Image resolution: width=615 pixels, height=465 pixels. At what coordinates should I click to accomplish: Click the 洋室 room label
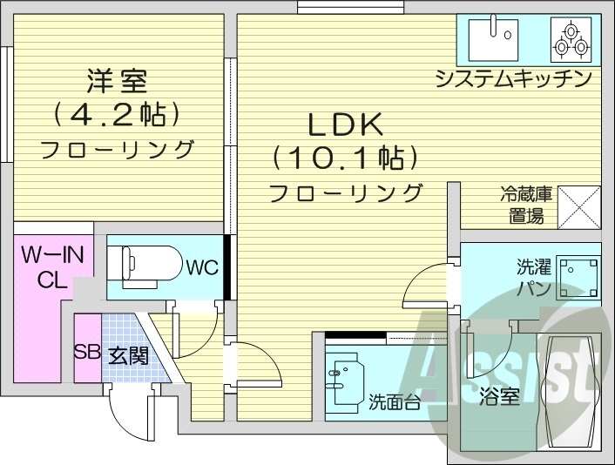pos(117,82)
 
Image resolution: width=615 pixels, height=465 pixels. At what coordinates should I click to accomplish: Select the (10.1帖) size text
pos(343,158)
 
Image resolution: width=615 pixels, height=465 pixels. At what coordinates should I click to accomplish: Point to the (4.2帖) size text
pos(117,114)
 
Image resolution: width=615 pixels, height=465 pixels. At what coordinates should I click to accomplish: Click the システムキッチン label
pos(514,79)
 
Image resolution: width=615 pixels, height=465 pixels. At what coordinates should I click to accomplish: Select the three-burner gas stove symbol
pos(570,38)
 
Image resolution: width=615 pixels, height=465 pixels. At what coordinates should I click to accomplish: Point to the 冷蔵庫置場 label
pos(522,206)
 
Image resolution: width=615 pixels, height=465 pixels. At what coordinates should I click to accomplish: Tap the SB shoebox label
pos(85,354)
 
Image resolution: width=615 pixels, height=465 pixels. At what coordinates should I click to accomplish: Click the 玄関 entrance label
pos(127,355)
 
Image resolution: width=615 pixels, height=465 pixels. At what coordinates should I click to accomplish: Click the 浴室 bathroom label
pos(499,397)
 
